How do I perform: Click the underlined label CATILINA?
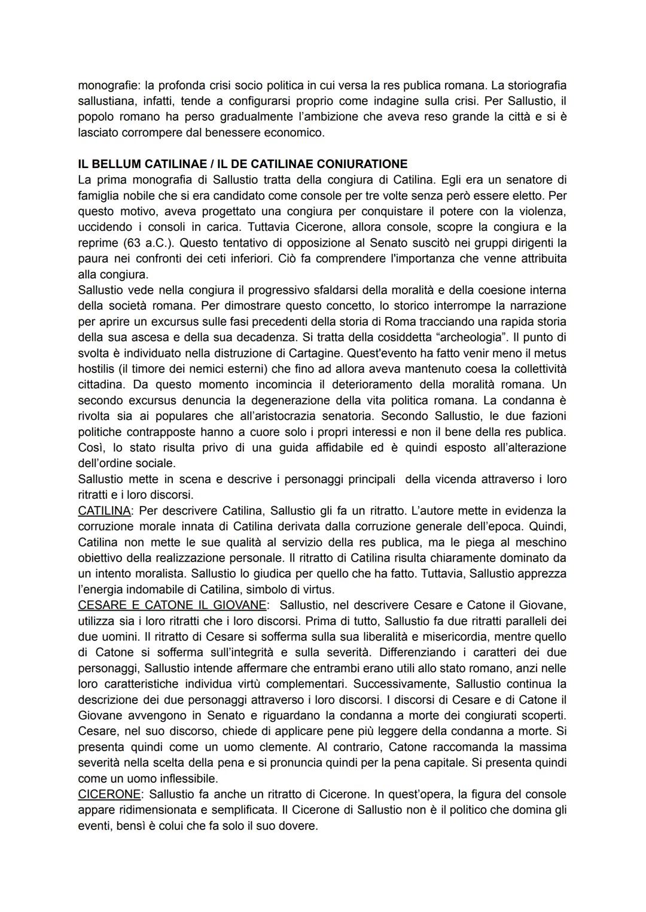105,511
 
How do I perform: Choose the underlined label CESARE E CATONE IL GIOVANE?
172,605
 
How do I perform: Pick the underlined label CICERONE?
110,794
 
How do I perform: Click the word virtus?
313,589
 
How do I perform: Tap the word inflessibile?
187,779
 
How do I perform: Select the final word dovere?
297,826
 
